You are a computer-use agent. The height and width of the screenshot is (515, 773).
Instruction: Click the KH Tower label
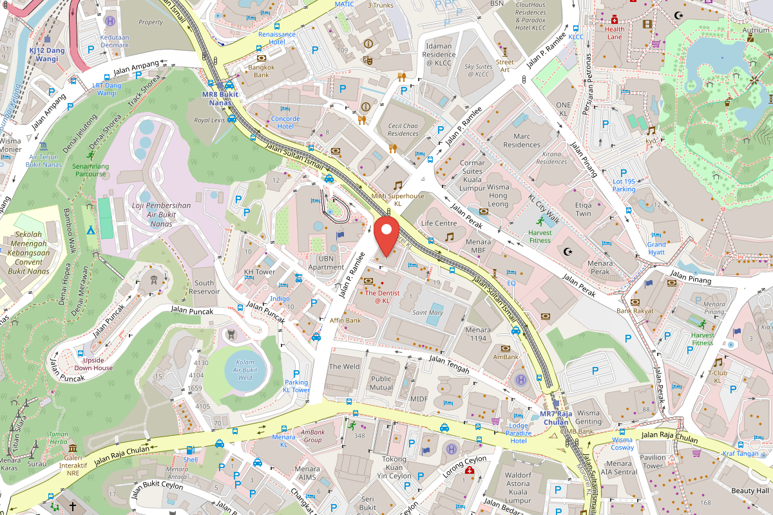[260, 272]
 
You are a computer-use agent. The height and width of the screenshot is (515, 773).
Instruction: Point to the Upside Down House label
[93, 364]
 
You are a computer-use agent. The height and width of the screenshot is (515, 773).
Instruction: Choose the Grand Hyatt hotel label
[656, 248]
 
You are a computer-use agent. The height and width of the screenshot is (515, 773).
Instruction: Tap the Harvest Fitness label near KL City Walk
[540, 236]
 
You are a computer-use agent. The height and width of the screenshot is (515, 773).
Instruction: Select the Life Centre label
[439, 223]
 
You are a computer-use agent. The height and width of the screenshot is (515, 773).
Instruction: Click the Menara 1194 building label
[477, 334]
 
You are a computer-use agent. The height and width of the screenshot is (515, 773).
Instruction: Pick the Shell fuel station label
[191, 460]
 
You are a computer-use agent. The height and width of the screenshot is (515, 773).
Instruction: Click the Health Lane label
[615, 33]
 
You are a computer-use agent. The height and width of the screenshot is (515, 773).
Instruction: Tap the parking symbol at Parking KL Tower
[296, 373]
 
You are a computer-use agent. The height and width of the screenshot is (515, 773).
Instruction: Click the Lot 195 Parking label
[624, 185]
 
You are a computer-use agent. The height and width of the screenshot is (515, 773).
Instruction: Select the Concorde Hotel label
[285, 122]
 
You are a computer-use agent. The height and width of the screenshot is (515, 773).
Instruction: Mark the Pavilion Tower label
[653, 462]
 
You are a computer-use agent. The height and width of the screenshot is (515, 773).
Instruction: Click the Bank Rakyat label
[635, 311]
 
